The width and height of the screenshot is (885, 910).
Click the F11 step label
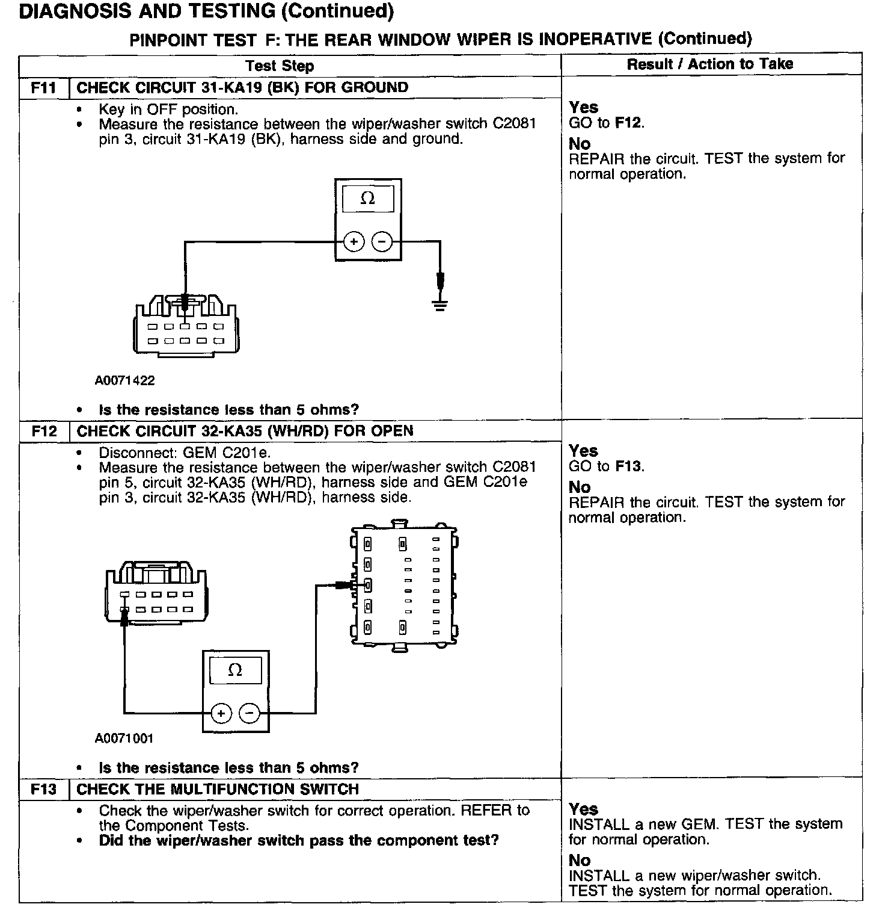tap(43, 88)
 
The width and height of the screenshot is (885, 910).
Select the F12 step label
tap(44, 432)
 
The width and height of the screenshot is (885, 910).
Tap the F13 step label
tap(43, 790)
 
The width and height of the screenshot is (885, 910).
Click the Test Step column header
tap(280, 66)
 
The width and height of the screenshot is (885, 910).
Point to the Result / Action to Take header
tap(710, 64)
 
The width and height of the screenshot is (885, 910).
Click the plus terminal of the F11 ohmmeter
tap(354, 243)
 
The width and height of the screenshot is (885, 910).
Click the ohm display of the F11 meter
tap(367, 199)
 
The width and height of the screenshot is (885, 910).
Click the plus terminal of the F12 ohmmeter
tap(221, 714)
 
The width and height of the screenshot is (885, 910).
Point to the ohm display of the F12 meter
tap(235, 670)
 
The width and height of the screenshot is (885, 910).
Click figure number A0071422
tap(124, 380)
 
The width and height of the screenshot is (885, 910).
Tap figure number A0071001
tap(124, 738)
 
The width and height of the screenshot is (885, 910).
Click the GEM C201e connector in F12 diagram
tap(403, 586)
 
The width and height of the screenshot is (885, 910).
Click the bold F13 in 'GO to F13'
tap(628, 466)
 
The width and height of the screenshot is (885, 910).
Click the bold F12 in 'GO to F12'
tap(628, 123)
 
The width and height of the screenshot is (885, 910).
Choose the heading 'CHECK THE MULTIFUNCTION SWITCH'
tap(218, 790)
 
